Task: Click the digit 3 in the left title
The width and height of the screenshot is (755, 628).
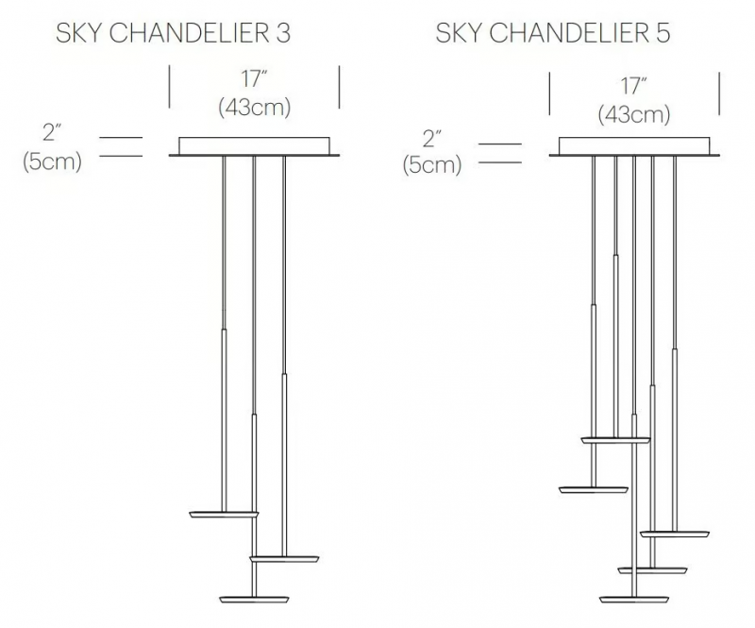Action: (283, 33)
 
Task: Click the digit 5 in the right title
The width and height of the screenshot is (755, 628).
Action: (663, 33)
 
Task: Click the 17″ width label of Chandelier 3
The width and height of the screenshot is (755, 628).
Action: (254, 78)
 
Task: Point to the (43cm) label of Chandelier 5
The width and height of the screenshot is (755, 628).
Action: (634, 114)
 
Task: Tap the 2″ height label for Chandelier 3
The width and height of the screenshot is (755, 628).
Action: (52, 132)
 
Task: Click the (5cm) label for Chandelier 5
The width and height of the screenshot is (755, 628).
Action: (432, 165)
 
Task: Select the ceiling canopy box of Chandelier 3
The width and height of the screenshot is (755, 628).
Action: (254, 146)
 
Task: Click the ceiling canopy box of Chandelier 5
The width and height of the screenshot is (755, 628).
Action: (634, 146)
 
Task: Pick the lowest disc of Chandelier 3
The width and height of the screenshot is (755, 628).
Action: (254, 600)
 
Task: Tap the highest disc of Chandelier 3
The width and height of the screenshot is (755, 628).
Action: (224, 515)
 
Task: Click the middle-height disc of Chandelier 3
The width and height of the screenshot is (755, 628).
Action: (284, 559)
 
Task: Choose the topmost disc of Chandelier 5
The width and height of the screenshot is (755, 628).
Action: (615, 440)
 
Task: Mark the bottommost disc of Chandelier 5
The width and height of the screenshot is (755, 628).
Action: (634, 600)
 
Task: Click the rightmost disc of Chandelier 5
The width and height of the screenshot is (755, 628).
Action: (675, 534)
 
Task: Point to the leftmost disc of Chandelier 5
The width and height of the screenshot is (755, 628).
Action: (594, 490)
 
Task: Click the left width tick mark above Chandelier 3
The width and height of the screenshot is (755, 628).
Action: (169, 87)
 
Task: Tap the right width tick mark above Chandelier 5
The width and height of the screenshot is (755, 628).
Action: (719, 93)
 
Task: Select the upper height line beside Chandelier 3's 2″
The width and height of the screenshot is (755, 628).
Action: (121, 138)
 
